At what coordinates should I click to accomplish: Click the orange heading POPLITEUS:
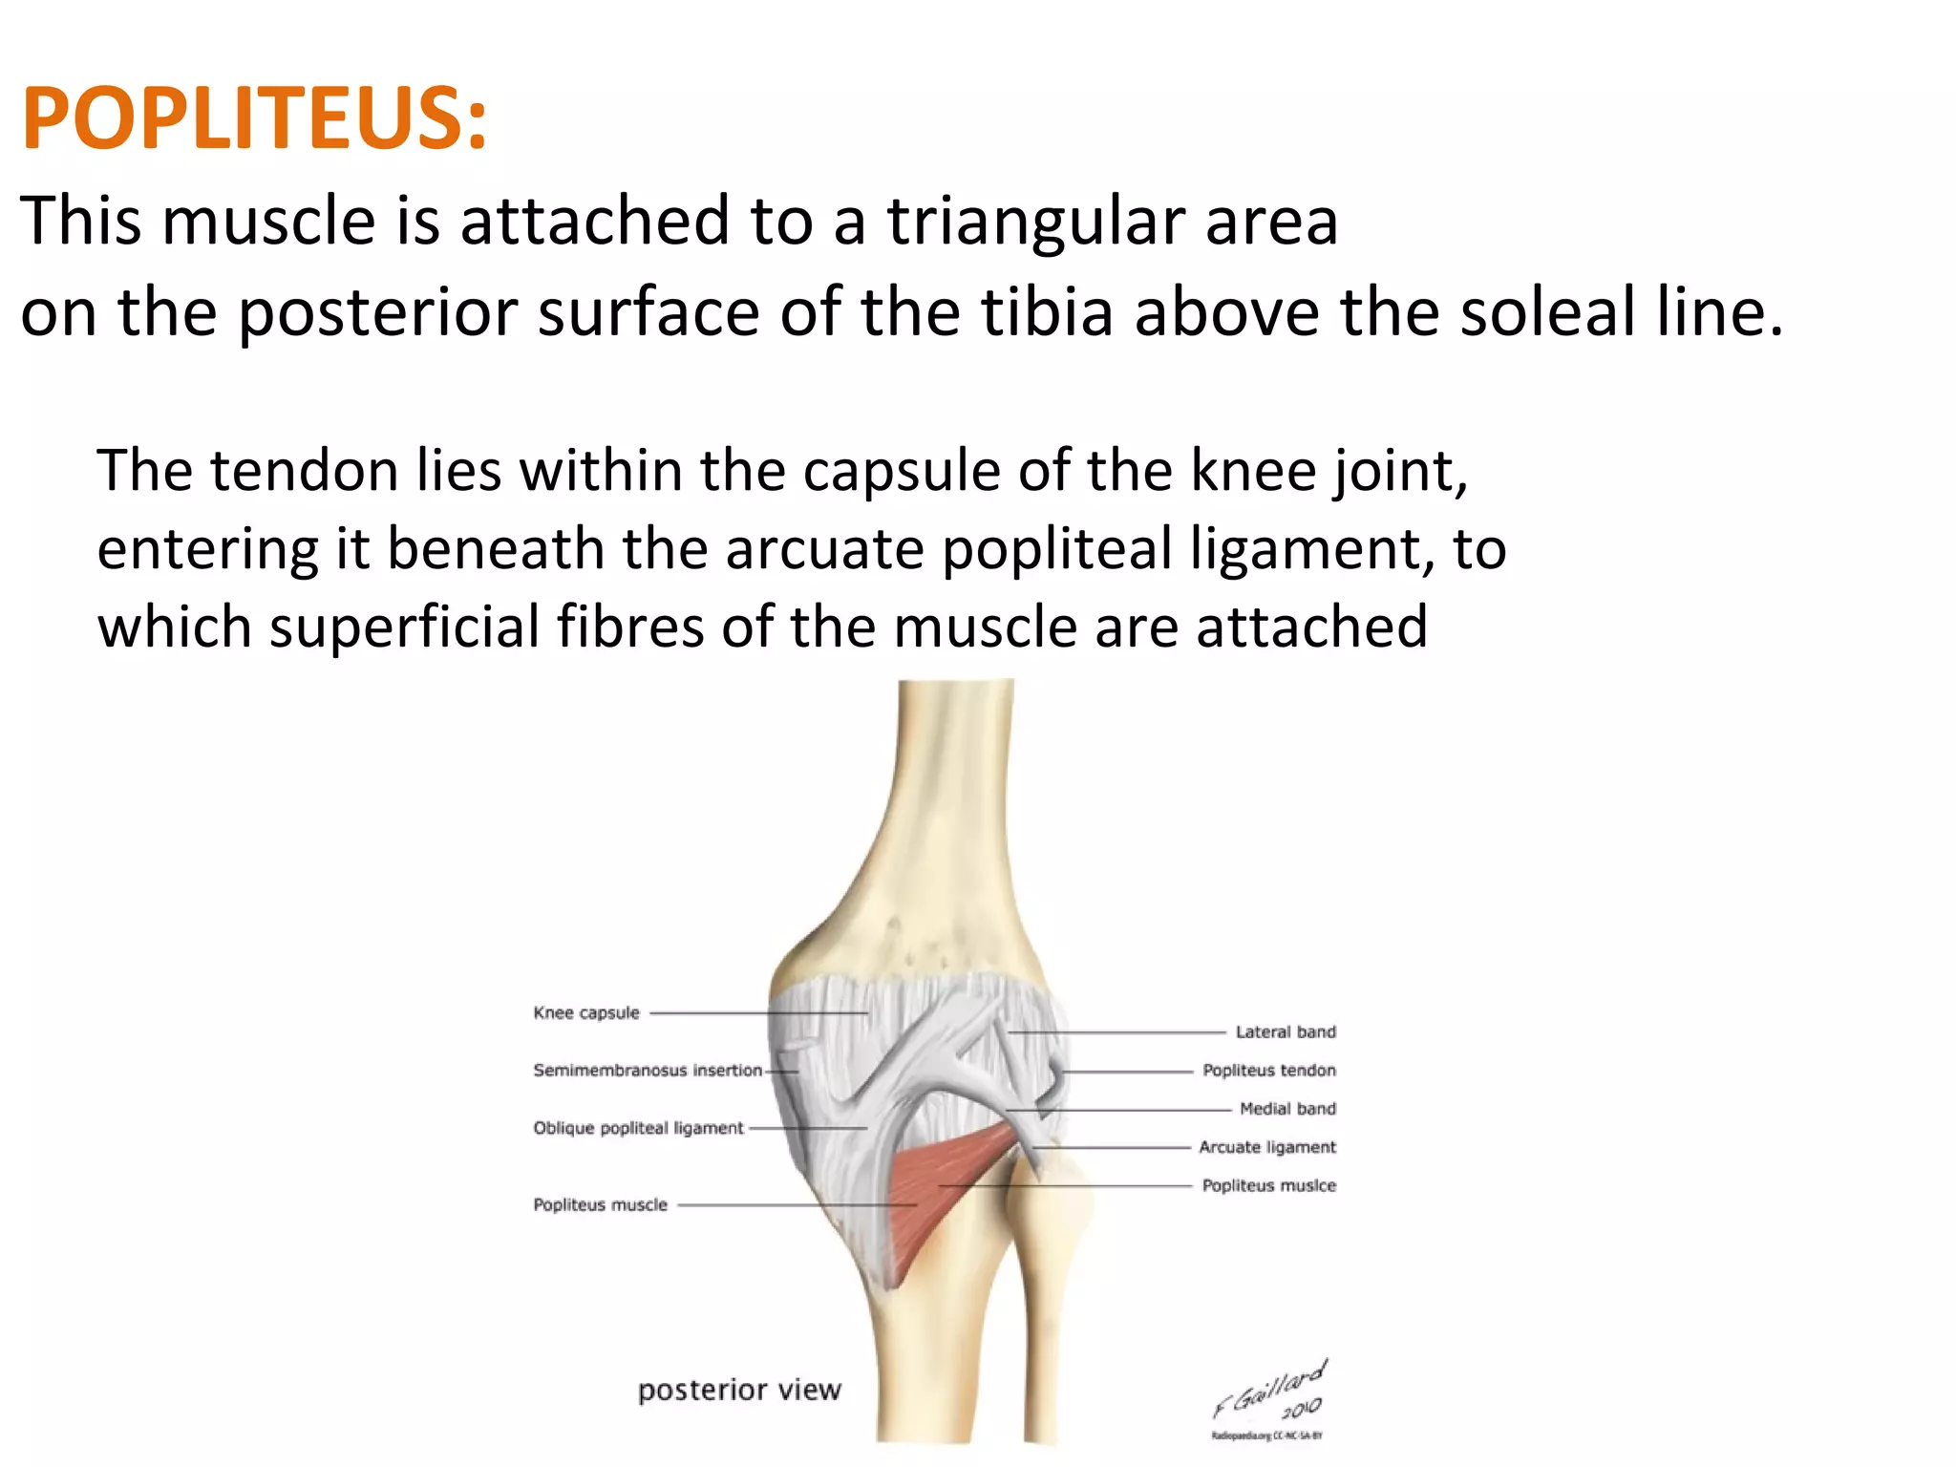pos(254,118)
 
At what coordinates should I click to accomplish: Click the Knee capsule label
pos(586,1013)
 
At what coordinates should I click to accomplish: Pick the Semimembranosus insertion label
pos(648,1071)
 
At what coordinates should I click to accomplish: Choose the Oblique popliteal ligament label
pos(638,1128)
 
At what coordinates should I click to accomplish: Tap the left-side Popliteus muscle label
pos(600,1205)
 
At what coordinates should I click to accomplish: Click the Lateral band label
pos(1286,1032)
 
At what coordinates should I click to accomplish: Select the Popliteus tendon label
pos(1269,1071)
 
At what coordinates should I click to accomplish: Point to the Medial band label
pos(1287,1109)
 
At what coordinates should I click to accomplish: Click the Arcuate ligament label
pos(1267,1147)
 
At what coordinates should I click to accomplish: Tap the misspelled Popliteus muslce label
pos(1269,1186)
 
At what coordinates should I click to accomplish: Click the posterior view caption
pos(739,1390)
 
